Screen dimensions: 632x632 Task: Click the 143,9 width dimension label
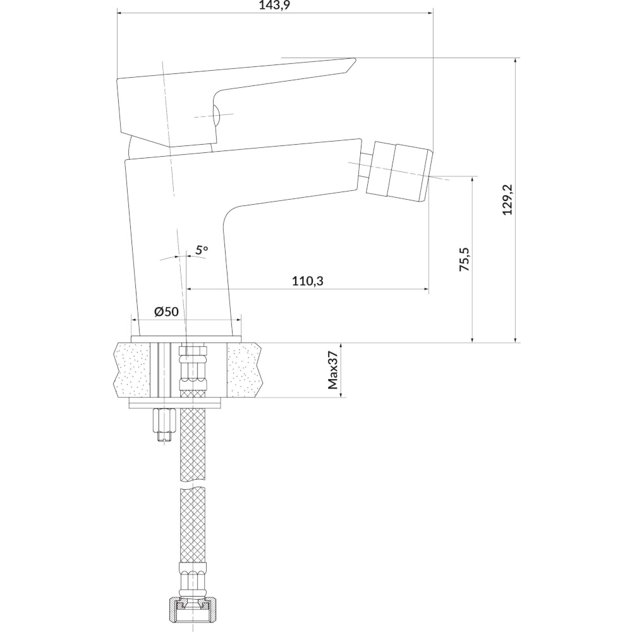click(x=274, y=5)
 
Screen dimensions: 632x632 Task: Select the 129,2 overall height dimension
click(x=507, y=200)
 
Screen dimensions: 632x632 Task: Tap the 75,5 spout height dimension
click(x=465, y=259)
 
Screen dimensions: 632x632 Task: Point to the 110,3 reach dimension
click(x=308, y=281)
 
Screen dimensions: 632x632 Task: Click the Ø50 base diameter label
click(x=166, y=311)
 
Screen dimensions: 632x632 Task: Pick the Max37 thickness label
click(x=333, y=370)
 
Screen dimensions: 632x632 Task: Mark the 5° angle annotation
click(x=202, y=250)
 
